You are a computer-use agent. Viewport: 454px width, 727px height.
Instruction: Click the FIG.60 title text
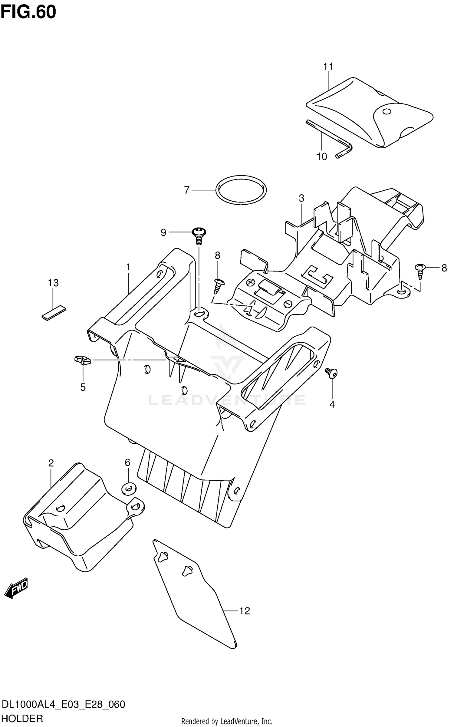(x=28, y=12)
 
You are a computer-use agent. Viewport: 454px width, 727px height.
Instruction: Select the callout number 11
(x=328, y=67)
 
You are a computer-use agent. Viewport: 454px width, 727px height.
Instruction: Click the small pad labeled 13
(x=54, y=312)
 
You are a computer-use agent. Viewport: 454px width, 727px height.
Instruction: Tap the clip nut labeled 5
(x=82, y=360)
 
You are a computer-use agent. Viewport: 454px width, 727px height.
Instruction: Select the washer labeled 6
(x=129, y=488)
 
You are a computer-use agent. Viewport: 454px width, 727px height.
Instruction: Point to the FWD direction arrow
(x=16, y=588)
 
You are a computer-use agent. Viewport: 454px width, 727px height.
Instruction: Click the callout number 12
(x=245, y=611)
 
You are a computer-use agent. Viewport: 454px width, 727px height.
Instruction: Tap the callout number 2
(x=51, y=463)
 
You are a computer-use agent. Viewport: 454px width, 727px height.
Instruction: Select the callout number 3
(x=301, y=199)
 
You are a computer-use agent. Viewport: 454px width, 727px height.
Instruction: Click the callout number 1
(x=128, y=267)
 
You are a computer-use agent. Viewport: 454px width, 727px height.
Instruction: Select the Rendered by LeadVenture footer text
(x=227, y=721)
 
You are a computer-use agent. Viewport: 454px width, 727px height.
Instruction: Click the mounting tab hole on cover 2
(x=136, y=506)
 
